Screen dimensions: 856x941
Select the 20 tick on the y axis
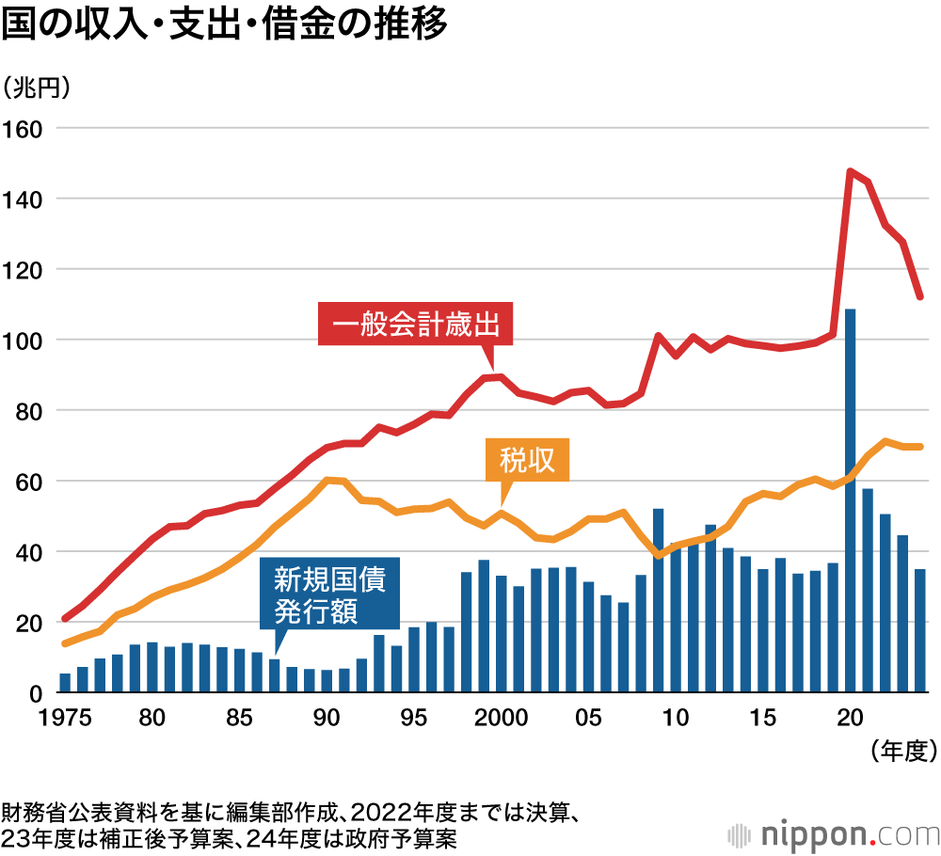pos(28,623)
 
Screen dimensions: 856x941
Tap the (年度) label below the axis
pos(901,750)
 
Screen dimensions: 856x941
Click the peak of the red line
pos(850,171)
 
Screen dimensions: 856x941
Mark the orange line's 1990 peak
pos(327,480)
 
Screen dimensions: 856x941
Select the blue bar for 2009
pos(658,602)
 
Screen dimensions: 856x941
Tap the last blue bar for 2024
pos(919,630)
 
